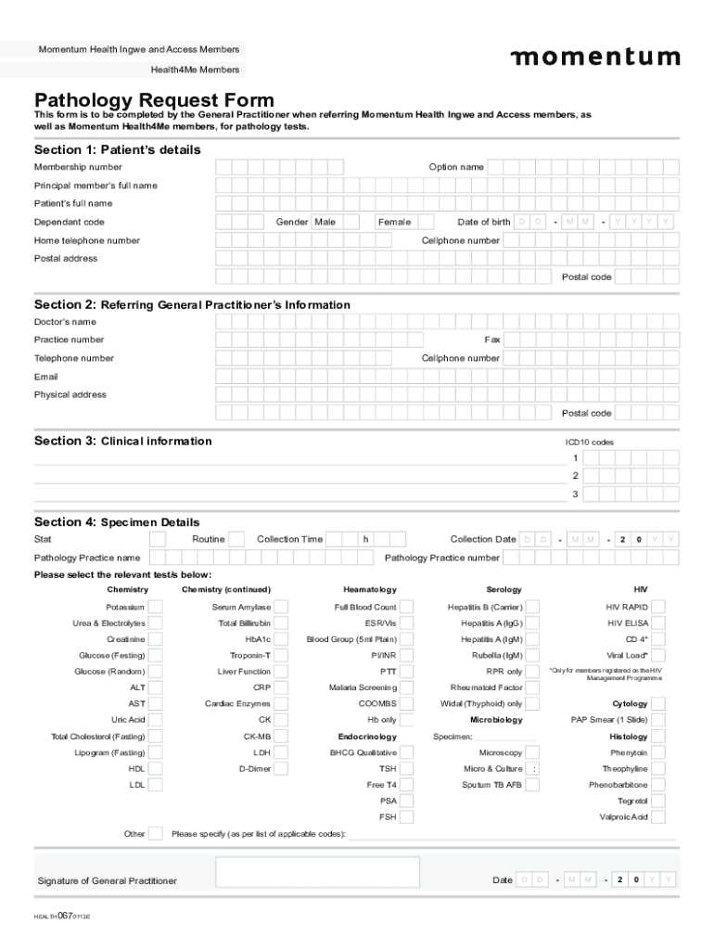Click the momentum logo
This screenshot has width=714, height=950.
(x=595, y=58)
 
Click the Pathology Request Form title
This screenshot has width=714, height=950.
(x=154, y=100)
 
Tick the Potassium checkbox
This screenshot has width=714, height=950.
(x=156, y=607)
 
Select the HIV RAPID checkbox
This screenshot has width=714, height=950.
(x=658, y=607)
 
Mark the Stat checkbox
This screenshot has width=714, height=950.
(x=159, y=539)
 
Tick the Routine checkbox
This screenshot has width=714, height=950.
(x=236, y=539)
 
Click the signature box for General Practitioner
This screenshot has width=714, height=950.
(x=317, y=872)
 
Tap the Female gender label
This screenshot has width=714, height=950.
(x=394, y=222)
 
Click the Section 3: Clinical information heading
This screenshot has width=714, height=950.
(x=123, y=441)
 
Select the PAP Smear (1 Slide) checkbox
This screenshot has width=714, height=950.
(x=658, y=720)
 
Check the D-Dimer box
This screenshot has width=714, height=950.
(x=281, y=769)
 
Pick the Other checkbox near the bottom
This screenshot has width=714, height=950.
(x=156, y=833)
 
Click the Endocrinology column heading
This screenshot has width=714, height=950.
(x=367, y=737)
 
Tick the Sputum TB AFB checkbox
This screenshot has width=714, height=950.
(x=532, y=785)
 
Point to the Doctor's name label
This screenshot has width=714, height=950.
(x=65, y=322)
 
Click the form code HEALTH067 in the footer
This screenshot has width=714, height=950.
(x=62, y=915)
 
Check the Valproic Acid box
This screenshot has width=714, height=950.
(x=658, y=817)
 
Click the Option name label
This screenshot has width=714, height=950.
(x=455, y=167)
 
